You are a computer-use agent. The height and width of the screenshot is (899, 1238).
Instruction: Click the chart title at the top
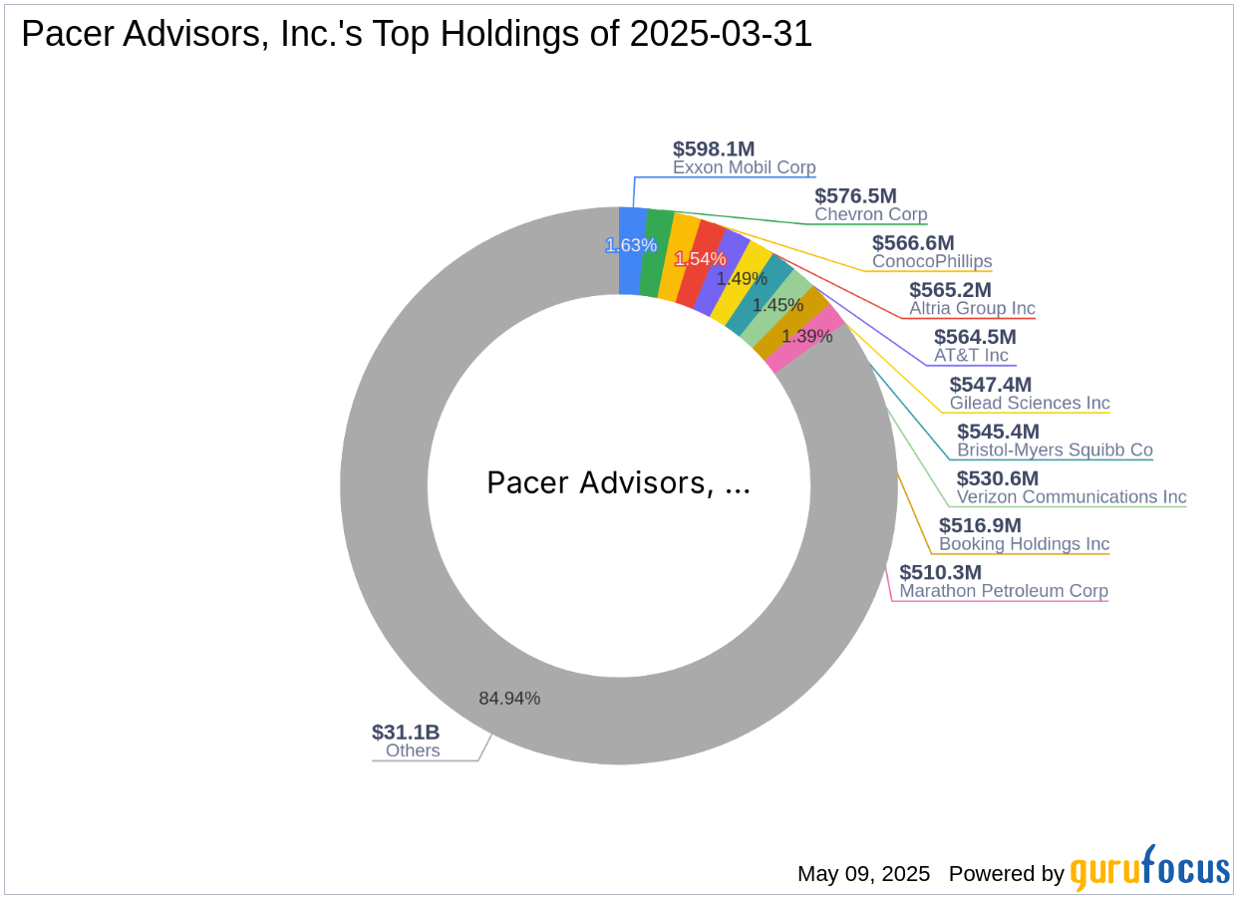(417, 34)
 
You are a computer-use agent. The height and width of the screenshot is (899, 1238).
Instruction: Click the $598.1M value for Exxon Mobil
(714, 149)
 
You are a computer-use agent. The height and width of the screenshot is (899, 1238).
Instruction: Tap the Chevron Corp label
(870, 214)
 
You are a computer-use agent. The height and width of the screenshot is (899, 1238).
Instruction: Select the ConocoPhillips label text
(932, 261)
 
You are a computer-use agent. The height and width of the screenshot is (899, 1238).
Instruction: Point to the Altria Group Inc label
(972, 309)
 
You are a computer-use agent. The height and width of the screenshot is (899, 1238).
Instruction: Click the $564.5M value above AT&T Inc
(974, 337)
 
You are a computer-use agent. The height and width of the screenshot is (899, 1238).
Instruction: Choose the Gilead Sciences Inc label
(1030, 404)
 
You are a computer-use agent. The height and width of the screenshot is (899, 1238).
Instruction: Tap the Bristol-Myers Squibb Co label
(1055, 450)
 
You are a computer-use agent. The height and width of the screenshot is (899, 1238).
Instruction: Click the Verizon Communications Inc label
(1072, 497)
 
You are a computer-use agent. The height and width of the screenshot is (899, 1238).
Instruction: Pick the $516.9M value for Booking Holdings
(980, 525)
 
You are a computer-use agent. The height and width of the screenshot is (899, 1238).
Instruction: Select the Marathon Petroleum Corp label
(1004, 591)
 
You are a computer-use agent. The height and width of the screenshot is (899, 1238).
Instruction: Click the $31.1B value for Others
(406, 733)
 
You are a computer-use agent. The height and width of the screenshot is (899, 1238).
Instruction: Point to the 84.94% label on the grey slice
(509, 698)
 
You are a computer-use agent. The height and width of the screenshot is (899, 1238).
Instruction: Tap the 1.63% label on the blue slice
(631, 245)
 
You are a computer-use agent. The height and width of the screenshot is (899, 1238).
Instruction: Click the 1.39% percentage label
(806, 337)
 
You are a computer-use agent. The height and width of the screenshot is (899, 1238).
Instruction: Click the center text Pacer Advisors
(618, 483)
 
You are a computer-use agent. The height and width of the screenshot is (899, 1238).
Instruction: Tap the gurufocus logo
(1150, 869)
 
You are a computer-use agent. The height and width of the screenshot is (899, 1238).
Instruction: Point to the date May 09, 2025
(863, 874)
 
